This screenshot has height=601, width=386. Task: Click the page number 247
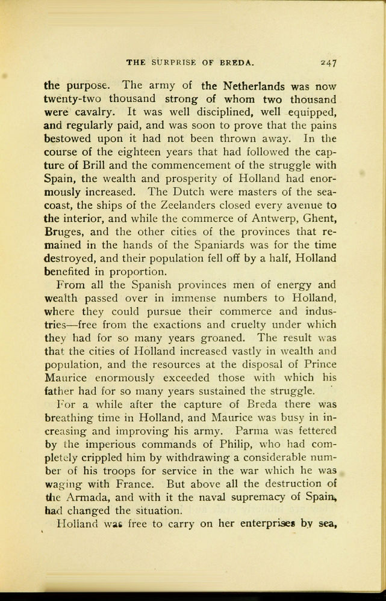point(328,61)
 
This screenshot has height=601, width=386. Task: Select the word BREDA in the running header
point(239,61)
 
